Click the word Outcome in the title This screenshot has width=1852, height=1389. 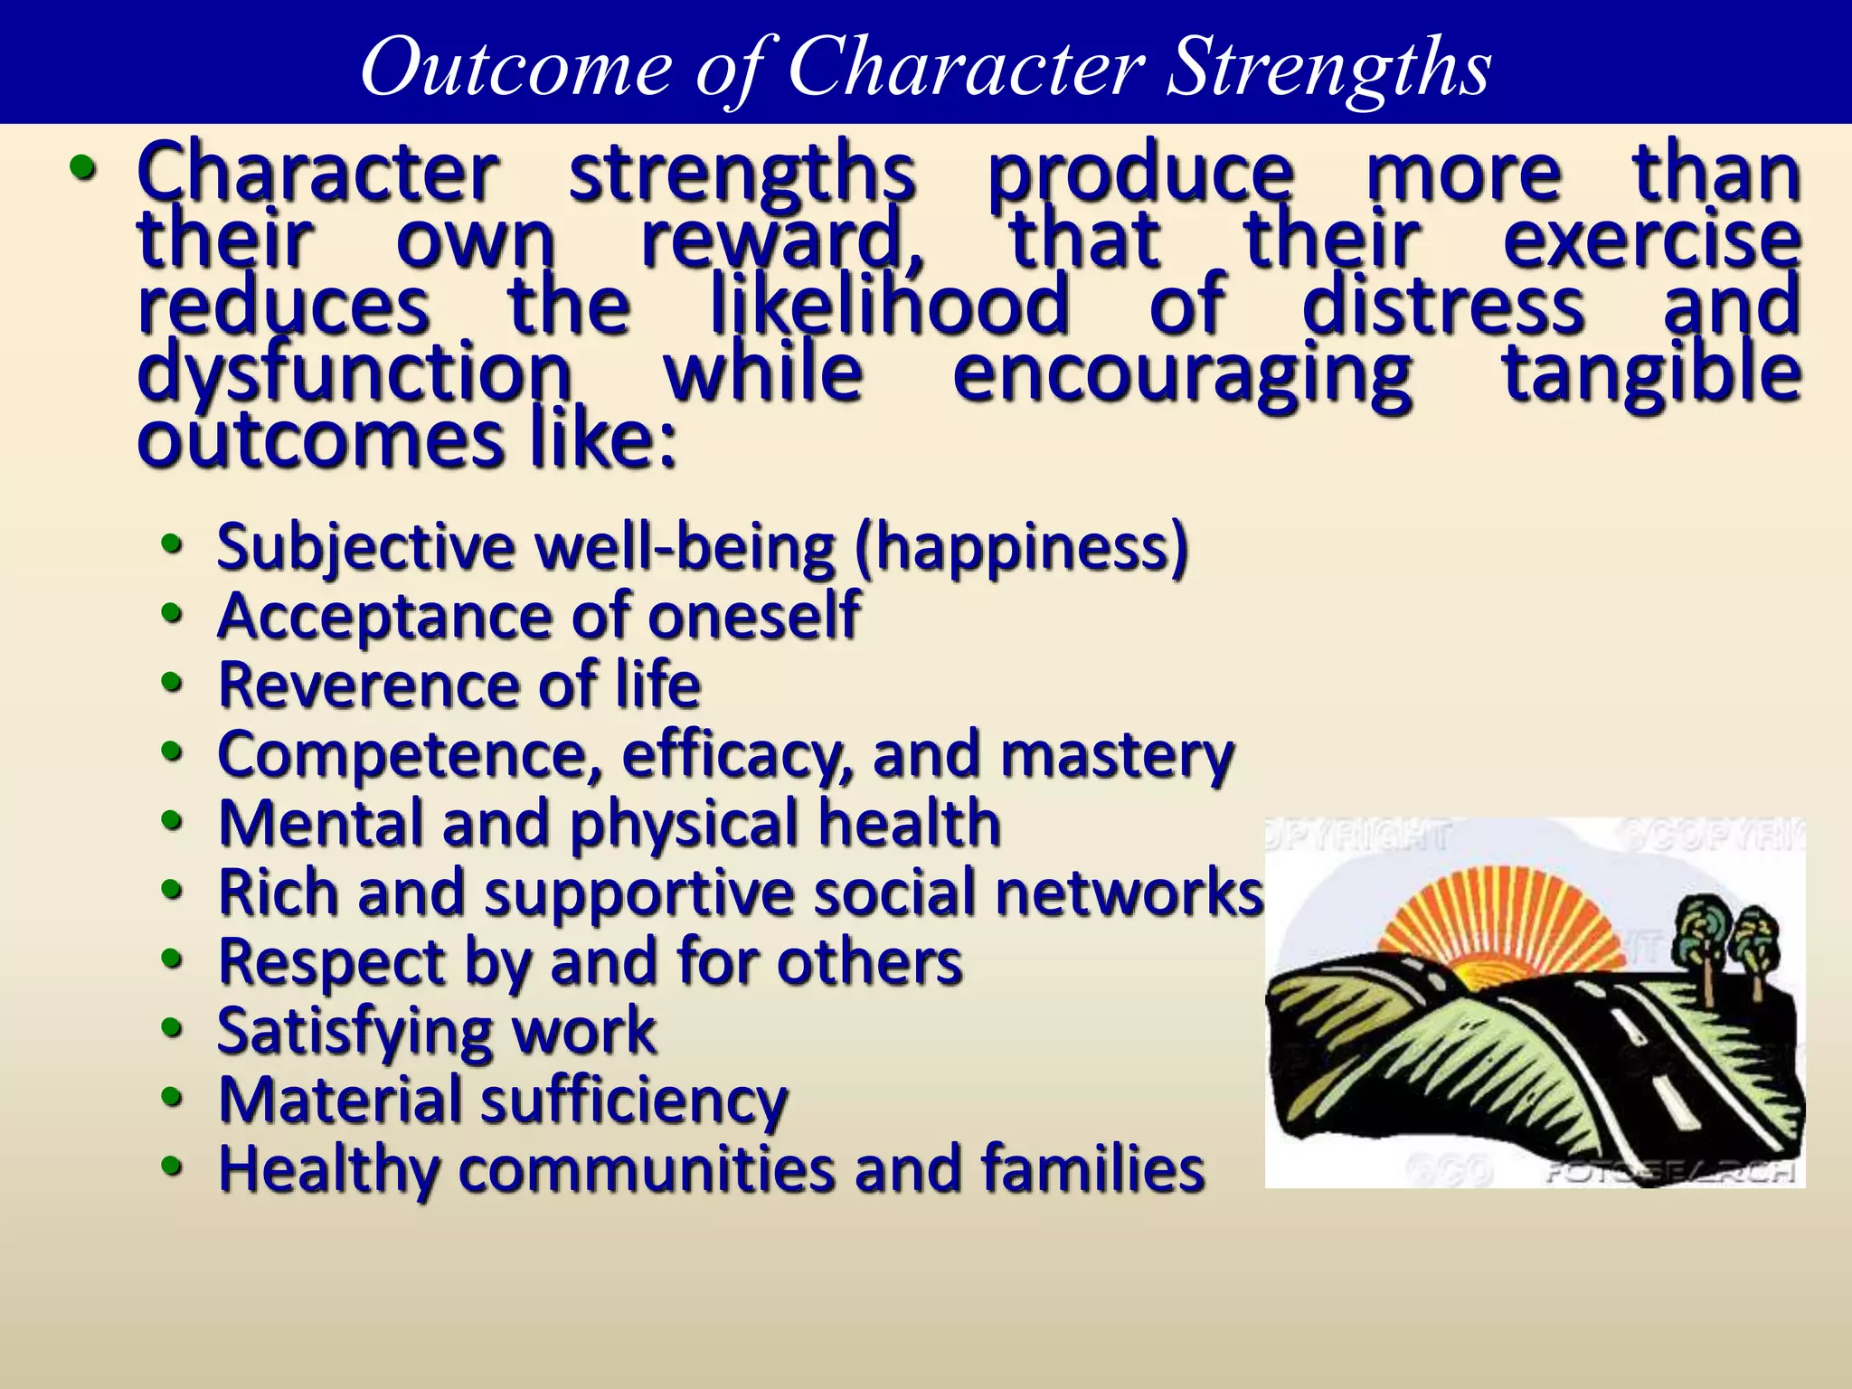pyautogui.click(x=516, y=68)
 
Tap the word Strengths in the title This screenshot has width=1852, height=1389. pyautogui.click(x=1328, y=68)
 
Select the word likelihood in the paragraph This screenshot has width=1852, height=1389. pyautogui.click(x=890, y=305)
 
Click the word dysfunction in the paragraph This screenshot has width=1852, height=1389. pyautogui.click(x=354, y=373)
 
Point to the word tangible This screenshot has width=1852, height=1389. pyautogui.click(x=1651, y=373)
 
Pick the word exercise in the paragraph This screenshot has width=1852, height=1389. pyautogui.click(x=1651, y=239)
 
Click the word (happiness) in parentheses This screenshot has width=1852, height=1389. pyautogui.click(x=1021, y=548)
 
